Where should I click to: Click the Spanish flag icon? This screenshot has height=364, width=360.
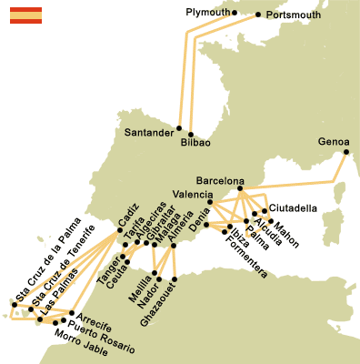pos(25,15)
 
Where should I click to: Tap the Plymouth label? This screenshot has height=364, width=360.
pos(206,13)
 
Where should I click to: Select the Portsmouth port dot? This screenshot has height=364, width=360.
pos(258,15)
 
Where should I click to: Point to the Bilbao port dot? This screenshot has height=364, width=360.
pos(192,131)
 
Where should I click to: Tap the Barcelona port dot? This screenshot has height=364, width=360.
pos(240,188)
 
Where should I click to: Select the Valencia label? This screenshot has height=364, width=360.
pos(192,194)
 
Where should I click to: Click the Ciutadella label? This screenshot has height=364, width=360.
pos(294,208)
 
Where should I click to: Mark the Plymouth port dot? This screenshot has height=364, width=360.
pos(234,13)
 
